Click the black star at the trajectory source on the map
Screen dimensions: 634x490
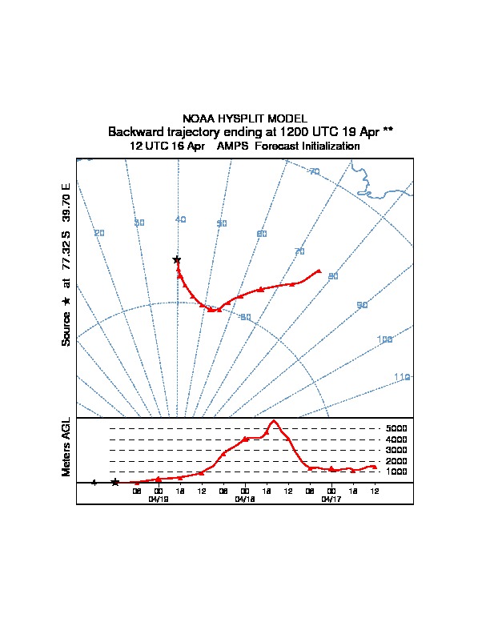pos(177,259)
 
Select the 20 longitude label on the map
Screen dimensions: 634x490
pos(99,233)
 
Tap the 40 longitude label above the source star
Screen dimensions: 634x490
pos(180,219)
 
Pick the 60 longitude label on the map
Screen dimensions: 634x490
pos(261,234)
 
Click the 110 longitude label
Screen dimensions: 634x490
pos(402,377)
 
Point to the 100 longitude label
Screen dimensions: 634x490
pos(385,340)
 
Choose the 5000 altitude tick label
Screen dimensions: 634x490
pos(396,429)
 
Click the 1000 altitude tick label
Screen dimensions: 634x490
pos(396,471)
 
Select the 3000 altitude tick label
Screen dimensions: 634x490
pos(396,451)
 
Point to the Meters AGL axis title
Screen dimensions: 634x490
pos(66,447)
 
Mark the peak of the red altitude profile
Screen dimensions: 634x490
pos(274,420)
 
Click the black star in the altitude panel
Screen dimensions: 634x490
pos(115,482)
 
